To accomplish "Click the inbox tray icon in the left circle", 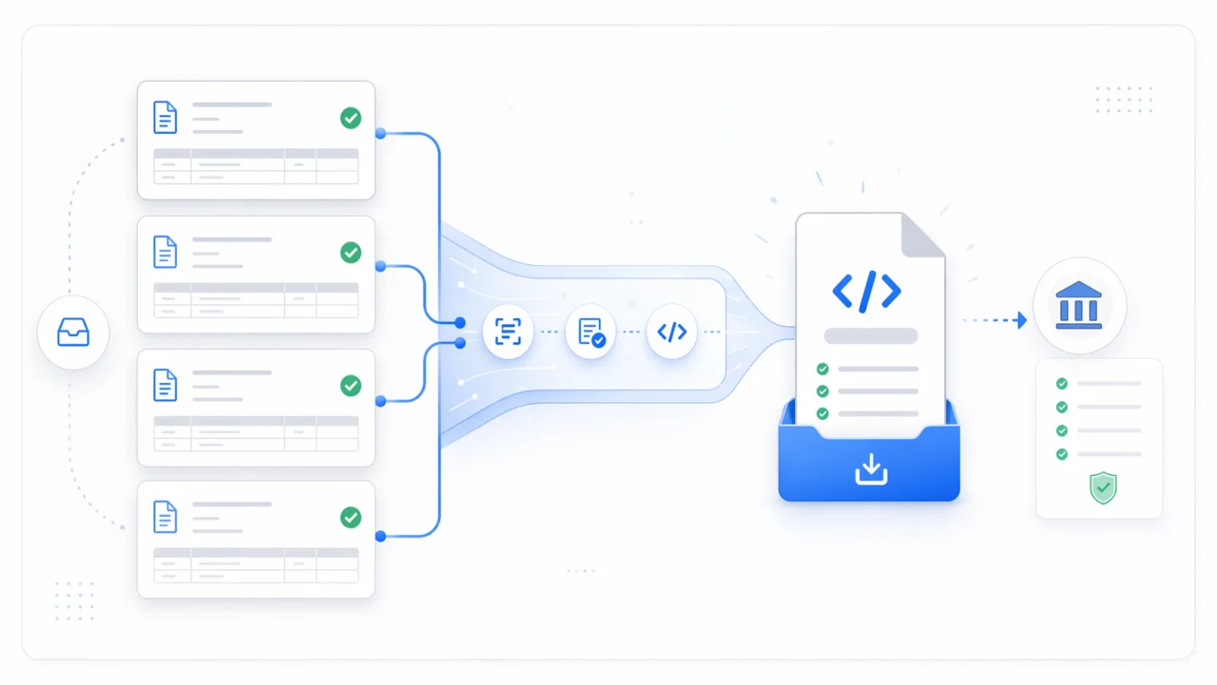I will (73, 333).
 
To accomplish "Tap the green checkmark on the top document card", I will (351, 118).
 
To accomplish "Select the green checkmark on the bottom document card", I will (351, 517).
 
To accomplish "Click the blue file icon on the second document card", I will (165, 252).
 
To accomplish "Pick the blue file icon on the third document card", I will (165, 385).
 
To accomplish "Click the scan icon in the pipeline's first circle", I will (509, 332).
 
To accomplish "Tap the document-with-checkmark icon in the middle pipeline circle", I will (590, 332).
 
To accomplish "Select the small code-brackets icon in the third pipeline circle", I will (671, 332).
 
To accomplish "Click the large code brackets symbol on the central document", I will (866, 292).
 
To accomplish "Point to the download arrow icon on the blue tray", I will (870, 468).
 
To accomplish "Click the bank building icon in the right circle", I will (1079, 307).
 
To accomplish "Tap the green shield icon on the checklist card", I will (1103, 488).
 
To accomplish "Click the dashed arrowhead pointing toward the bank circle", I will (1021, 320).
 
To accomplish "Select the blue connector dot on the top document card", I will (380, 134).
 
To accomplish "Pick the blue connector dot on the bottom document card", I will (380, 537).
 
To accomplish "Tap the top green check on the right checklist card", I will (1062, 384).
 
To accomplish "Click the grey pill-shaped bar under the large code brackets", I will (870, 335).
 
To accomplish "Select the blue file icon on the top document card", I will (165, 118).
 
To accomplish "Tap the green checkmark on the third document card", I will (351, 385).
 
